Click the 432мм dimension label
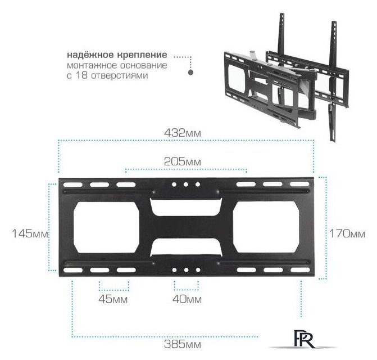[x=182, y=133]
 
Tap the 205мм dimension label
[x=182, y=161]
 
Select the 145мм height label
[x=30, y=233]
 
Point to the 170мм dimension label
[x=347, y=233]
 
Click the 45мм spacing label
[x=113, y=299]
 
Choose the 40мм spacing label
[x=187, y=299]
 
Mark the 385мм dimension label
[x=182, y=344]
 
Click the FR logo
[x=304, y=339]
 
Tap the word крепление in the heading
[x=142, y=55]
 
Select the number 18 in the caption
[x=82, y=75]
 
